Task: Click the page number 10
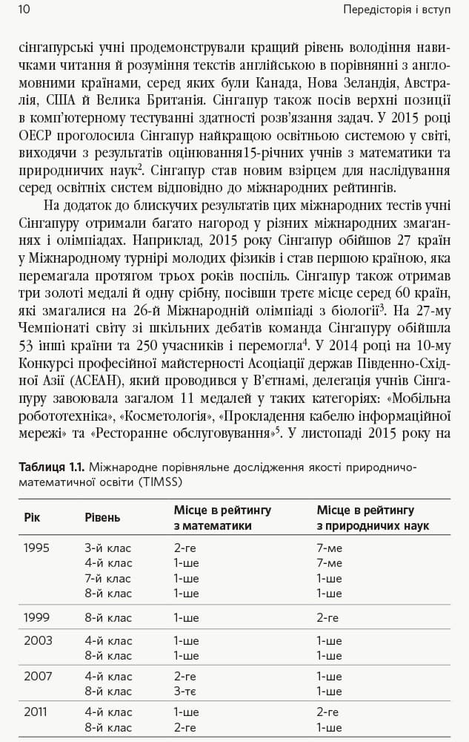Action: point(22,9)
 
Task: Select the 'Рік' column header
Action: point(32,517)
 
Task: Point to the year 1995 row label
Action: point(36,548)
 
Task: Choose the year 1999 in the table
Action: point(36,617)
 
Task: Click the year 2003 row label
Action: point(36,640)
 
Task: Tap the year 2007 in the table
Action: point(36,676)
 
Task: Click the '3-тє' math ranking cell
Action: point(185,692)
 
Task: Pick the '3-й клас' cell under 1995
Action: point(108,548)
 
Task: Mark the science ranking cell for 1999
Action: point(327,617)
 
